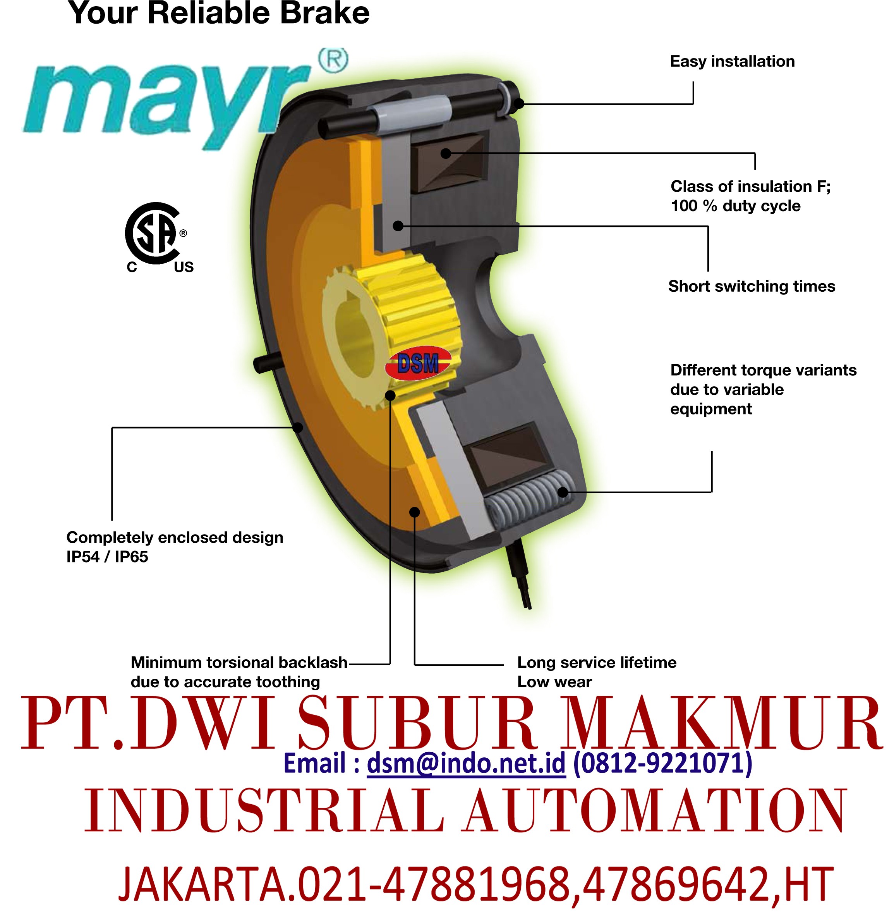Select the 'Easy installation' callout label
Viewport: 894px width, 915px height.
(x=732, y=62)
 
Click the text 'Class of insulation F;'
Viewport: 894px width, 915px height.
(x=750, y=186)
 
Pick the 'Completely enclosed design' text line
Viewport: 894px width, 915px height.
(x=175, y=537)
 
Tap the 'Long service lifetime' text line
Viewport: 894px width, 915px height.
(x=596, y=662)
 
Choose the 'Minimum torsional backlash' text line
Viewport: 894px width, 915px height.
(x=239, y=662)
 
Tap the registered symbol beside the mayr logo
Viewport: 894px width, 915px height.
(x=333, y=60)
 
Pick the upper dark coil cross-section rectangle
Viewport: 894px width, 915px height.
(x=448, y=162)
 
